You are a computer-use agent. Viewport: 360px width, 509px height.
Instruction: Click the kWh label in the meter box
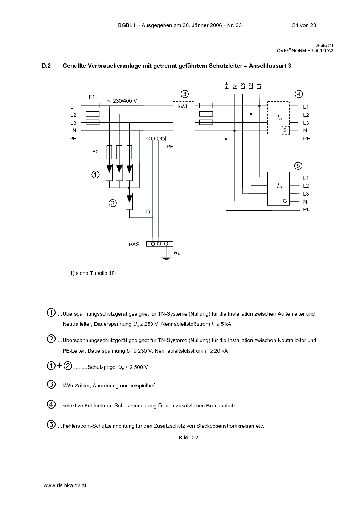click(183, 107)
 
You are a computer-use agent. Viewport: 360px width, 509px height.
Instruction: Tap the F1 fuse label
click(91, 97)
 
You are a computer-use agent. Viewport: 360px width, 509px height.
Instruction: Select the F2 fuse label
click(95, 152)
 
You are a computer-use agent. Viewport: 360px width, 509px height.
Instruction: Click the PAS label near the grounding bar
click(134, 245)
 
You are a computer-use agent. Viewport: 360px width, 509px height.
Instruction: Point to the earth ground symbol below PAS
click(166, 258)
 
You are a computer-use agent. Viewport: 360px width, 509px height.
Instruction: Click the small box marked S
click(285, 131)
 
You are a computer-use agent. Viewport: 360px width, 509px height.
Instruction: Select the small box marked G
click(285, 201)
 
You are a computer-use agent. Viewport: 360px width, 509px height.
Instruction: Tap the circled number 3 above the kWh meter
click(185, 94)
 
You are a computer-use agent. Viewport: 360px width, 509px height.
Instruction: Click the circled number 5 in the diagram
click(298, 166)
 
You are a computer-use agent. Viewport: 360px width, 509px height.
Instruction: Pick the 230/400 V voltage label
click(122, 101)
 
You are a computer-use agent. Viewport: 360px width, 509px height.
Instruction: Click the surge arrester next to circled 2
click(129, 201)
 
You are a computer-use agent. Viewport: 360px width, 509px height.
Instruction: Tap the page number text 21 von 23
click(304, 25)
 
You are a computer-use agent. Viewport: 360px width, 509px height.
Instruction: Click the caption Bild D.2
click(188, 438)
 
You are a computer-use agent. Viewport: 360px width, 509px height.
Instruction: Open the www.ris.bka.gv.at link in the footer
click(65, 485)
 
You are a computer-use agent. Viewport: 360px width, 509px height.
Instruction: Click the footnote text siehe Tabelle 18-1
click(97, 273)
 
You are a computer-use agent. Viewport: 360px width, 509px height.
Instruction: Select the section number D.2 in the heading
click(46, 66)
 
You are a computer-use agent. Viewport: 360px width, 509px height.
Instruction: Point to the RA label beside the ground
click(177, 253)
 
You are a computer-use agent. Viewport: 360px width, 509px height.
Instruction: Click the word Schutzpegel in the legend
click(102, 367)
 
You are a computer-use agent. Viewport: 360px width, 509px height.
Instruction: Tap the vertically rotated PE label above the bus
click(226, 85)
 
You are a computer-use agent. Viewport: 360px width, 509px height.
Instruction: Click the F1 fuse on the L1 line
click(93, 106)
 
